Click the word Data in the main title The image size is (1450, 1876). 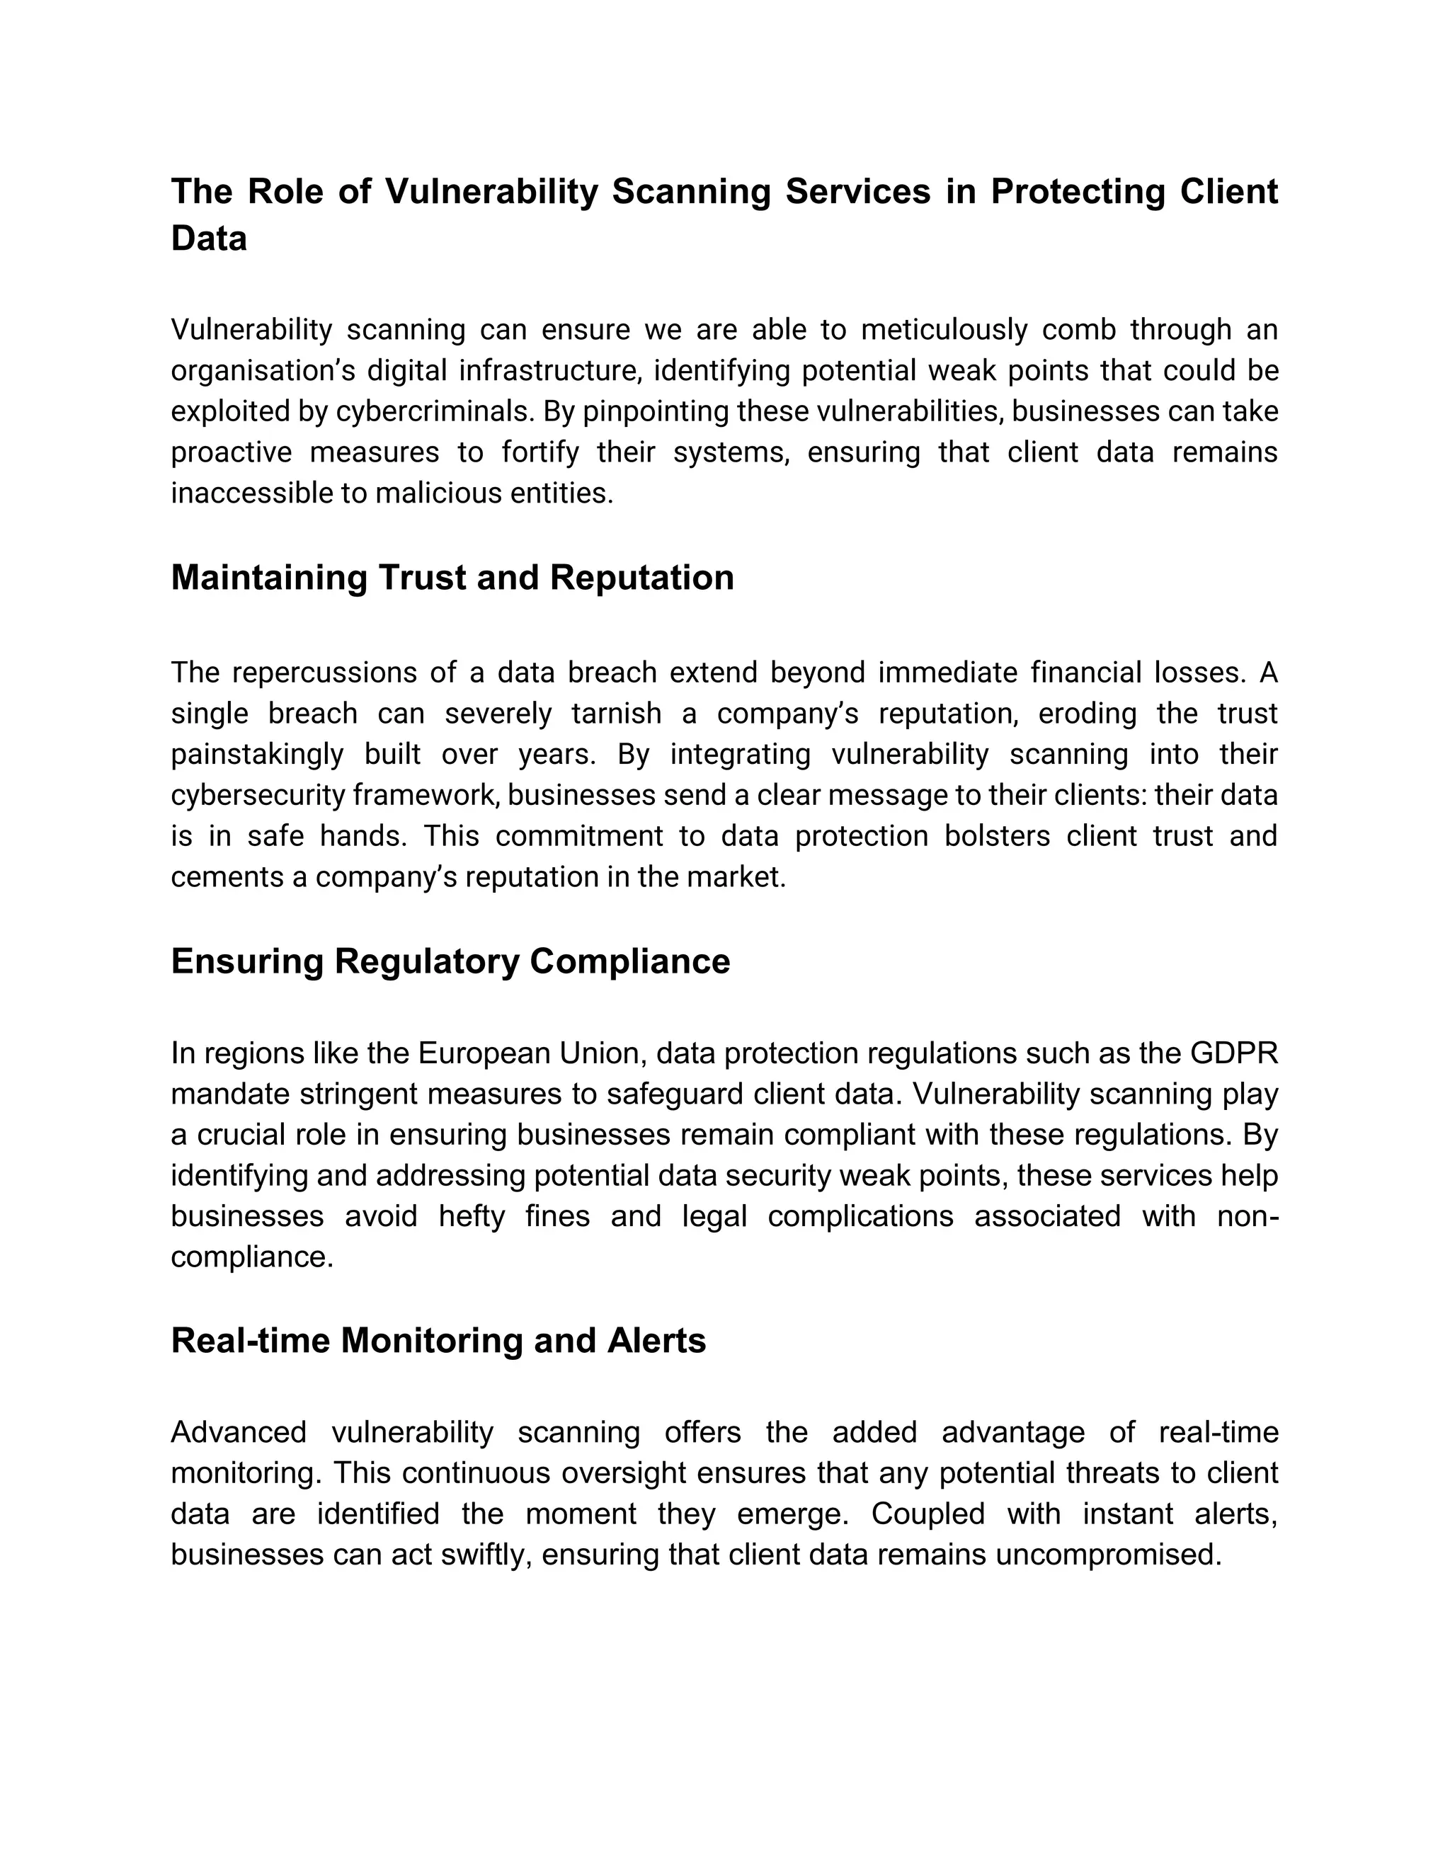[x=209, y=238]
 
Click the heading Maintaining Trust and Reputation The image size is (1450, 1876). [x=452, y=577]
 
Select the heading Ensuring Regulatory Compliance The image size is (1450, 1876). [x=450, y=961]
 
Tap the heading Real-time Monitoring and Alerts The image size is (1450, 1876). [x=438, y=1340]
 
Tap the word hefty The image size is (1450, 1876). [x=471, y=1216]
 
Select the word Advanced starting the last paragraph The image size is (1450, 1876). [x=238, y=1432]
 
